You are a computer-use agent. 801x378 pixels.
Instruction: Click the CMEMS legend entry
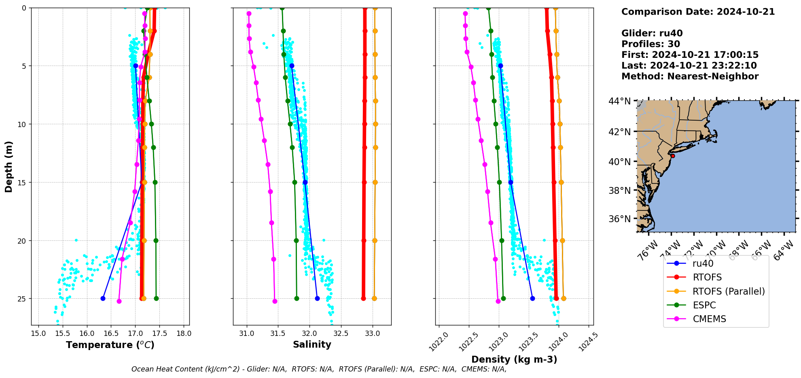tap(709, 319)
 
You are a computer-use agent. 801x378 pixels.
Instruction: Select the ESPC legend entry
tap(704, 305)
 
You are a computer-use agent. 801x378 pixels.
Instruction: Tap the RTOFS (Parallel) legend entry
tap(729, 291)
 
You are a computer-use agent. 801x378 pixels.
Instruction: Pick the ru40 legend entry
tap(703, 263)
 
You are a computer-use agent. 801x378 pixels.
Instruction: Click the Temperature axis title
tap(110, 345)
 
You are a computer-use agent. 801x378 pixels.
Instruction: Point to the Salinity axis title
tap(312, 344)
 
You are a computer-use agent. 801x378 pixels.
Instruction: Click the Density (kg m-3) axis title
tap(514, 359)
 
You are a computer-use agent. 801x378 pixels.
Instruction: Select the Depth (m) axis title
tap(8, 166)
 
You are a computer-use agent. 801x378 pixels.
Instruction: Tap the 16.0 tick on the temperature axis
tap(87, 333)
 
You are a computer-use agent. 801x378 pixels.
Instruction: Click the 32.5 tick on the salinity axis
tap(341, 333)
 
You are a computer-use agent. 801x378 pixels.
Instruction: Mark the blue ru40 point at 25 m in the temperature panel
tap(103, 298)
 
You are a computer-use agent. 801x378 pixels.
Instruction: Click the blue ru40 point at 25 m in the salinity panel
tap(317, 298)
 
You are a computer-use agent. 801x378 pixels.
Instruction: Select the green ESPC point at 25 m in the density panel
tap(503, 298)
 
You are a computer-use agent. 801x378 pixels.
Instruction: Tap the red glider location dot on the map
tap(673, 156)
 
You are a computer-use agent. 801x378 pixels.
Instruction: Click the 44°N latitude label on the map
tap(619, 101)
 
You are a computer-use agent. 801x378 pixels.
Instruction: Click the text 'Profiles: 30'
tap(651, 44)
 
